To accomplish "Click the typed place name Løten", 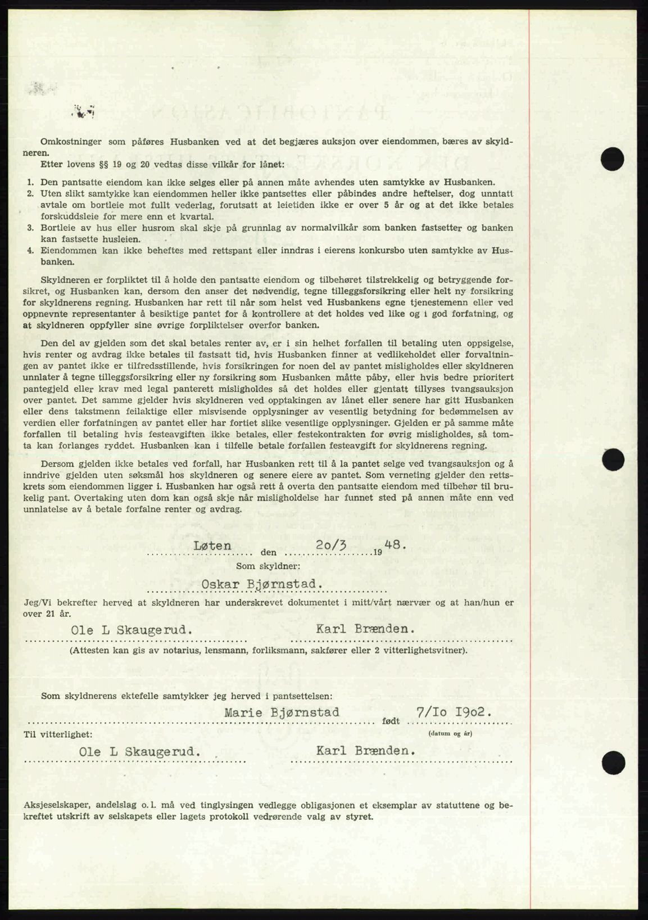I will click(x=212, y=545).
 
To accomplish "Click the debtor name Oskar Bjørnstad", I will click(x=262, y=584).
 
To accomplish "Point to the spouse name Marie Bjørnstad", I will click(x=282, y=712).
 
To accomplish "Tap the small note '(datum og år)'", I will click(x=450, y=733).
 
